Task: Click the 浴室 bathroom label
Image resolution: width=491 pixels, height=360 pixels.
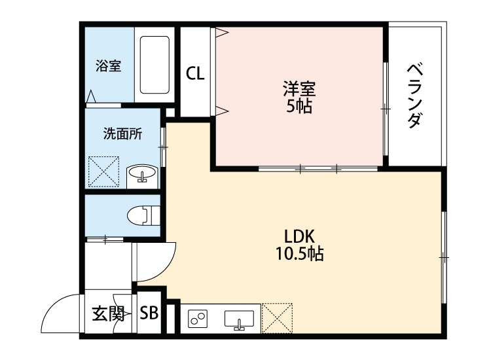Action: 108,66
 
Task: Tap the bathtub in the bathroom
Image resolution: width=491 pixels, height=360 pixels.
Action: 155,65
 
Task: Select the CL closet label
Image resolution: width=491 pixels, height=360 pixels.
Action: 195,73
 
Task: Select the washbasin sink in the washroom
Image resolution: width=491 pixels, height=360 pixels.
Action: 141,175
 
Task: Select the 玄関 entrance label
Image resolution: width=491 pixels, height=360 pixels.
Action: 107,313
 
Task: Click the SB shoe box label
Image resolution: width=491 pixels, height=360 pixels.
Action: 149,313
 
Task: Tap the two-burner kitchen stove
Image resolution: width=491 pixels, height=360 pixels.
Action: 198,319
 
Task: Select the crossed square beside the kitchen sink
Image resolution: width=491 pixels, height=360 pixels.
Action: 278,318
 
